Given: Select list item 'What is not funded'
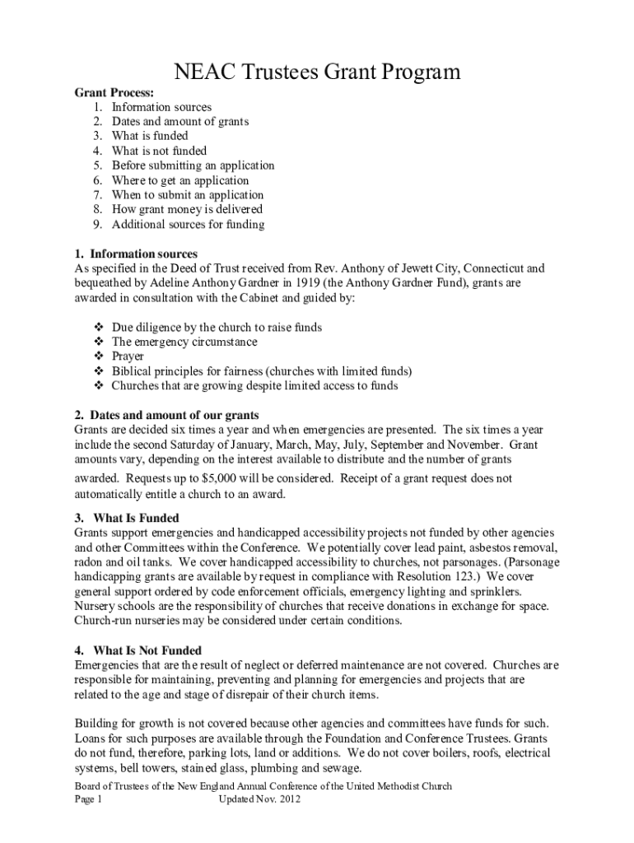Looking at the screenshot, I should click(x=159, y=151).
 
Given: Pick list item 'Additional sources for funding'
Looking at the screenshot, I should click(x=188, y=224).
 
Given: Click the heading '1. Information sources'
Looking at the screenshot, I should click(x=136, y=254).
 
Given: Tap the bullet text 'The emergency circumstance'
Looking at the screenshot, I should click(x=184, y=342).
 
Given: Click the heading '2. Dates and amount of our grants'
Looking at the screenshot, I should click(x=167, y=415).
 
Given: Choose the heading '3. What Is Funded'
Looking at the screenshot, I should click(x=128, y=518).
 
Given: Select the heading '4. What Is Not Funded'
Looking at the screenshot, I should click(x=138, y=650).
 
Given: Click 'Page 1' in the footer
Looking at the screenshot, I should click(x=87, y=799).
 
